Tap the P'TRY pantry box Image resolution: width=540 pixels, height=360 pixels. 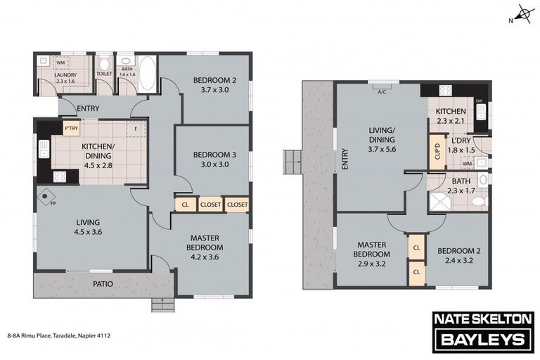click(x=72, y=129)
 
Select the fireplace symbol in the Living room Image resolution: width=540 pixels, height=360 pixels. click(x=45, y=197)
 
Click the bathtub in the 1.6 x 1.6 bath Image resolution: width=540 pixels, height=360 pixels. click(x=148, y=74)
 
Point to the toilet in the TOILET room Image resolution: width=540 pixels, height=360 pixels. click(x=103, y=63)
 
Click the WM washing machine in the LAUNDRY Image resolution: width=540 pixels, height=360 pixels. click(x=60, y=63)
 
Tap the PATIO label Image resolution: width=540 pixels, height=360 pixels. click(x=103, y=284)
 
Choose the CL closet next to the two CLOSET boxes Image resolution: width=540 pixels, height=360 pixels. click(x=186, y=205)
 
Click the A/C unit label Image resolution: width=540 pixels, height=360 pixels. click(x=382, y=92)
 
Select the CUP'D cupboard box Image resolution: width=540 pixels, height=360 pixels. click(x=437, y=152)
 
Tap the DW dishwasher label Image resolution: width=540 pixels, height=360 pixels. click(x=479, y=101)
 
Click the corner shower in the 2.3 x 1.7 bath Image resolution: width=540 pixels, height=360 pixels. click(x=439, y=201)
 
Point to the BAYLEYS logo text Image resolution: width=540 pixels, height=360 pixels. click(x=483, y=340)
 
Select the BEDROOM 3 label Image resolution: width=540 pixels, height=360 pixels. click(x=214, y=155)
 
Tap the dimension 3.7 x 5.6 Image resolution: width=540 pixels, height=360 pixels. click(x=382, y=150)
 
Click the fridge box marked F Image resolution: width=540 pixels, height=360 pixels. click(x=136, y=129)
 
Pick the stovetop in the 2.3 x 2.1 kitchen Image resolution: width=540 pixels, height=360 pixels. click(x=445, y=90)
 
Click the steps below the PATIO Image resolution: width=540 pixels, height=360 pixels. click(x=163, y=305)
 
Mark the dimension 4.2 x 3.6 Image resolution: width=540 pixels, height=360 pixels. click(x=205, y=257)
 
